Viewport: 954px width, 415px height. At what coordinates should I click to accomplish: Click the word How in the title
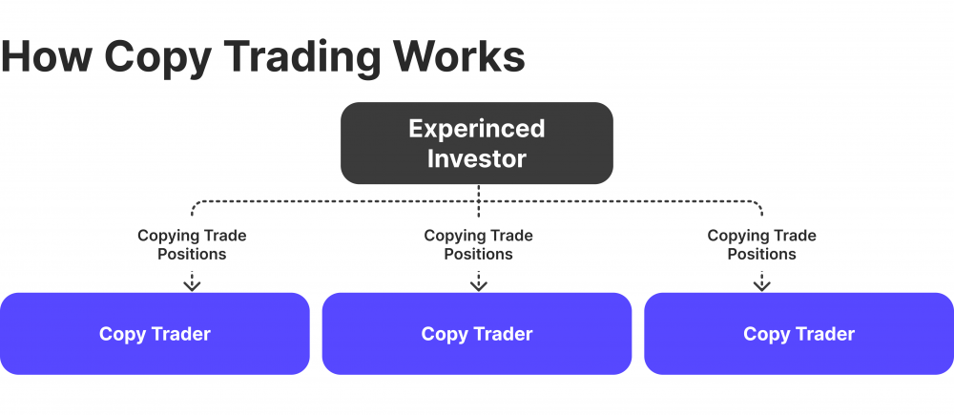(x=47, y=57)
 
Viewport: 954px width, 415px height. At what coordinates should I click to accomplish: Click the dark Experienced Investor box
(x=476, y=143)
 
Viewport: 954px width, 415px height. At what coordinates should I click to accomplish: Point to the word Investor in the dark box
(x=476, y=158)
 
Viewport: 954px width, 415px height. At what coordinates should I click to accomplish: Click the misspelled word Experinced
(x=476, y=128)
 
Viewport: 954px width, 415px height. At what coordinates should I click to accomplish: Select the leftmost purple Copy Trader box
(x=155, y=334)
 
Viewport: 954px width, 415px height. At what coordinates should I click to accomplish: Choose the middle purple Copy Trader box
(x=476, y=334)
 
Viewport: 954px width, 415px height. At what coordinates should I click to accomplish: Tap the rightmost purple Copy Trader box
(x=798, y=334)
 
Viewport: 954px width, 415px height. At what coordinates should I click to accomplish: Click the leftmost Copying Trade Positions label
(x=192, y=245)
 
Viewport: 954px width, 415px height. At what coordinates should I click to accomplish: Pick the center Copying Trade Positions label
(x=478, y=245)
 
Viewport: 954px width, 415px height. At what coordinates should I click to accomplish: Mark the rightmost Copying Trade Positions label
(x=761, y=245)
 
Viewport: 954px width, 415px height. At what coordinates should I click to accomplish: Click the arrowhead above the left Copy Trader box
(x=192, y=285)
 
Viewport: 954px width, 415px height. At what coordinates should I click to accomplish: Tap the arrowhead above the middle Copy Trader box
(x=478, y=285)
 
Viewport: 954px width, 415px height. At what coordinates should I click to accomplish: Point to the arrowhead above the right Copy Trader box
(x=761, y=285)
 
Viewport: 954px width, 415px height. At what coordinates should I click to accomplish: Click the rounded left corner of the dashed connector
(x=197, y=205)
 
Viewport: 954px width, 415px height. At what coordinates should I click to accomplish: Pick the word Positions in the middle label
(x=478, y=254)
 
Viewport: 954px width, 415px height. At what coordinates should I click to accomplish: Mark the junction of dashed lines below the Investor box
(x=478, y=201)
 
